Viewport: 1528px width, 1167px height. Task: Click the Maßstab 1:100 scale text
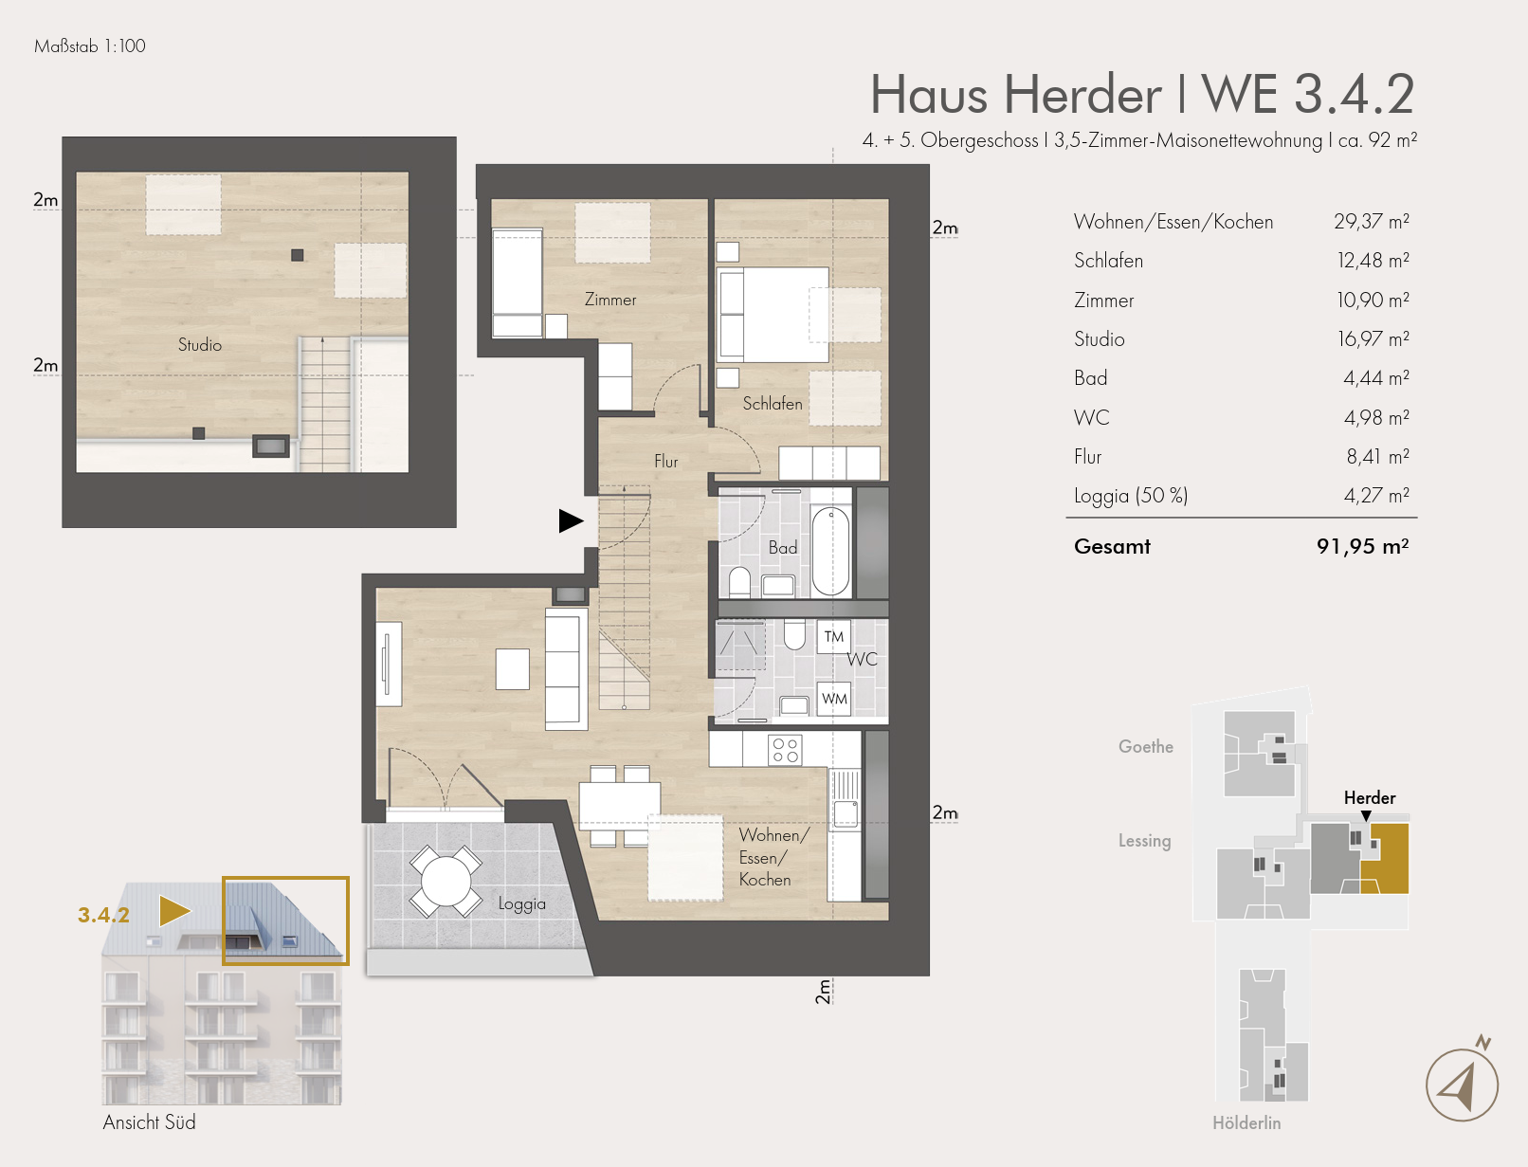tap(90, 46)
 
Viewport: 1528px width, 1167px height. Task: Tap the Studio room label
tap(200, 344)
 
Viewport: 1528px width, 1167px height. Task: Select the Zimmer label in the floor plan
tap(610, 300)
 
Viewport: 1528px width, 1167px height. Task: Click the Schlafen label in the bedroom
tap(773, 404)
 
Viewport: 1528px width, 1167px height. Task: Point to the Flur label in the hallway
tap(666, 462)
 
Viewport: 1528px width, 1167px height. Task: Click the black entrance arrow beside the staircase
tap(571, 520)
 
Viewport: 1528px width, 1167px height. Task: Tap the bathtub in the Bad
tap(830, 551)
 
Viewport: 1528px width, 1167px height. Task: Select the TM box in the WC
tap(833, 637)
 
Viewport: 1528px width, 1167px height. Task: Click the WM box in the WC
tap(834, 698)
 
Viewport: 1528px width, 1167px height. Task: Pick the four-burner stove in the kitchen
tap(785, 750)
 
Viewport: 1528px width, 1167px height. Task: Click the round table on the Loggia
tap(446, 881)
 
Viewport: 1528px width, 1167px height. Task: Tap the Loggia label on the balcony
tap(522, 904)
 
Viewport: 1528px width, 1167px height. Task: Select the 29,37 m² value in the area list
tap(1372, 221)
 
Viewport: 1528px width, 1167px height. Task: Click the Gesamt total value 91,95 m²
tap(1363, 546)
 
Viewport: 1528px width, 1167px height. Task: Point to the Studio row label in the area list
tap(1100, 338)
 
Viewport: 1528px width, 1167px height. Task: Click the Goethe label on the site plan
tap(1146, 747)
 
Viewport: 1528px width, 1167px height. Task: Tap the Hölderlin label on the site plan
tap(1246, 1122)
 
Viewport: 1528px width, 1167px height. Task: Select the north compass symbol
tap(1462, 1083)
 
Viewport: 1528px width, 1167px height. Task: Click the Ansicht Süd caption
tap(149, 1121)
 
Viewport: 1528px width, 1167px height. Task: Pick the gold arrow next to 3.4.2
tap(174, 911)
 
